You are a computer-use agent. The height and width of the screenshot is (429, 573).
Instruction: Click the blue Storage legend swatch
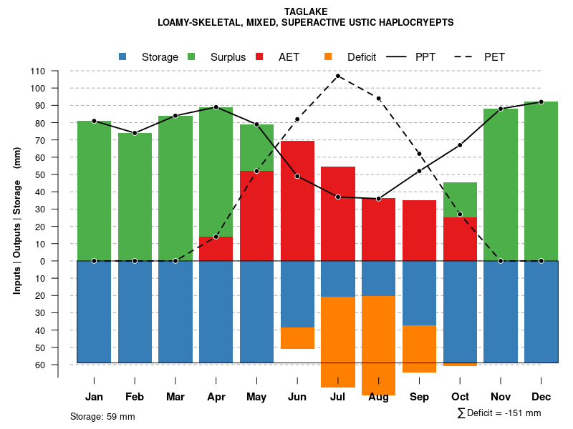(x=122, y=56)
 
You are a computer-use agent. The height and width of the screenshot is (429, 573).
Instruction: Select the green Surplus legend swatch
(x=191, y=56)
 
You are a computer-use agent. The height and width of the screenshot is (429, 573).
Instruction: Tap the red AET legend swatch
(x=259, y=56)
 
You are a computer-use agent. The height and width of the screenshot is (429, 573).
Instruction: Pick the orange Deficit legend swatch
(x=328, y=56)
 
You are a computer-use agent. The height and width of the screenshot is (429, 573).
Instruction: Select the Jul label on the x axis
(x=337, y=397)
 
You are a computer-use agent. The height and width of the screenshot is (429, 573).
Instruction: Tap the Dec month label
(x=541, y=397)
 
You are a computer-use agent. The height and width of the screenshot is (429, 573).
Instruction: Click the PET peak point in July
(x=337, y=76)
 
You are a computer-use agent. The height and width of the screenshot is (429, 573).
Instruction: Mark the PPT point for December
(x=541, y=102)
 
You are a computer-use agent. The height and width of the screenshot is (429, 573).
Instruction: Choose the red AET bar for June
(x=297, y=200)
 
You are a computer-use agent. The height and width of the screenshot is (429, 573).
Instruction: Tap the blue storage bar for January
(x=94, y=312)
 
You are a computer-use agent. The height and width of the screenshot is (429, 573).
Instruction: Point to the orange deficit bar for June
(x=297, y=338)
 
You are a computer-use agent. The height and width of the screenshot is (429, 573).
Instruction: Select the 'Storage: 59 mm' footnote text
(x=102, y=416)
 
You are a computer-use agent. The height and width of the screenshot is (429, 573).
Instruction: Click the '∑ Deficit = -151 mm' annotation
(x=499, y=413)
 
